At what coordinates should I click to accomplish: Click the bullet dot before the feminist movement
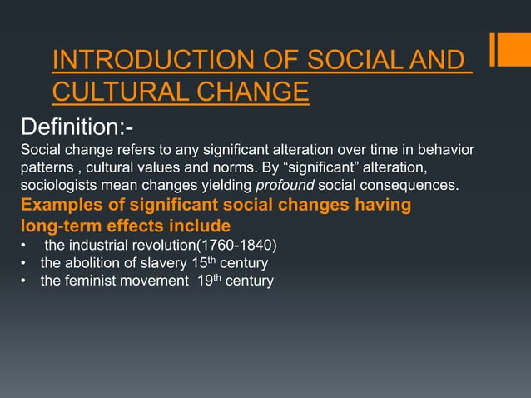[x=24, y=281]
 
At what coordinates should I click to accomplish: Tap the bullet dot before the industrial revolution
[x=24, y=245]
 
